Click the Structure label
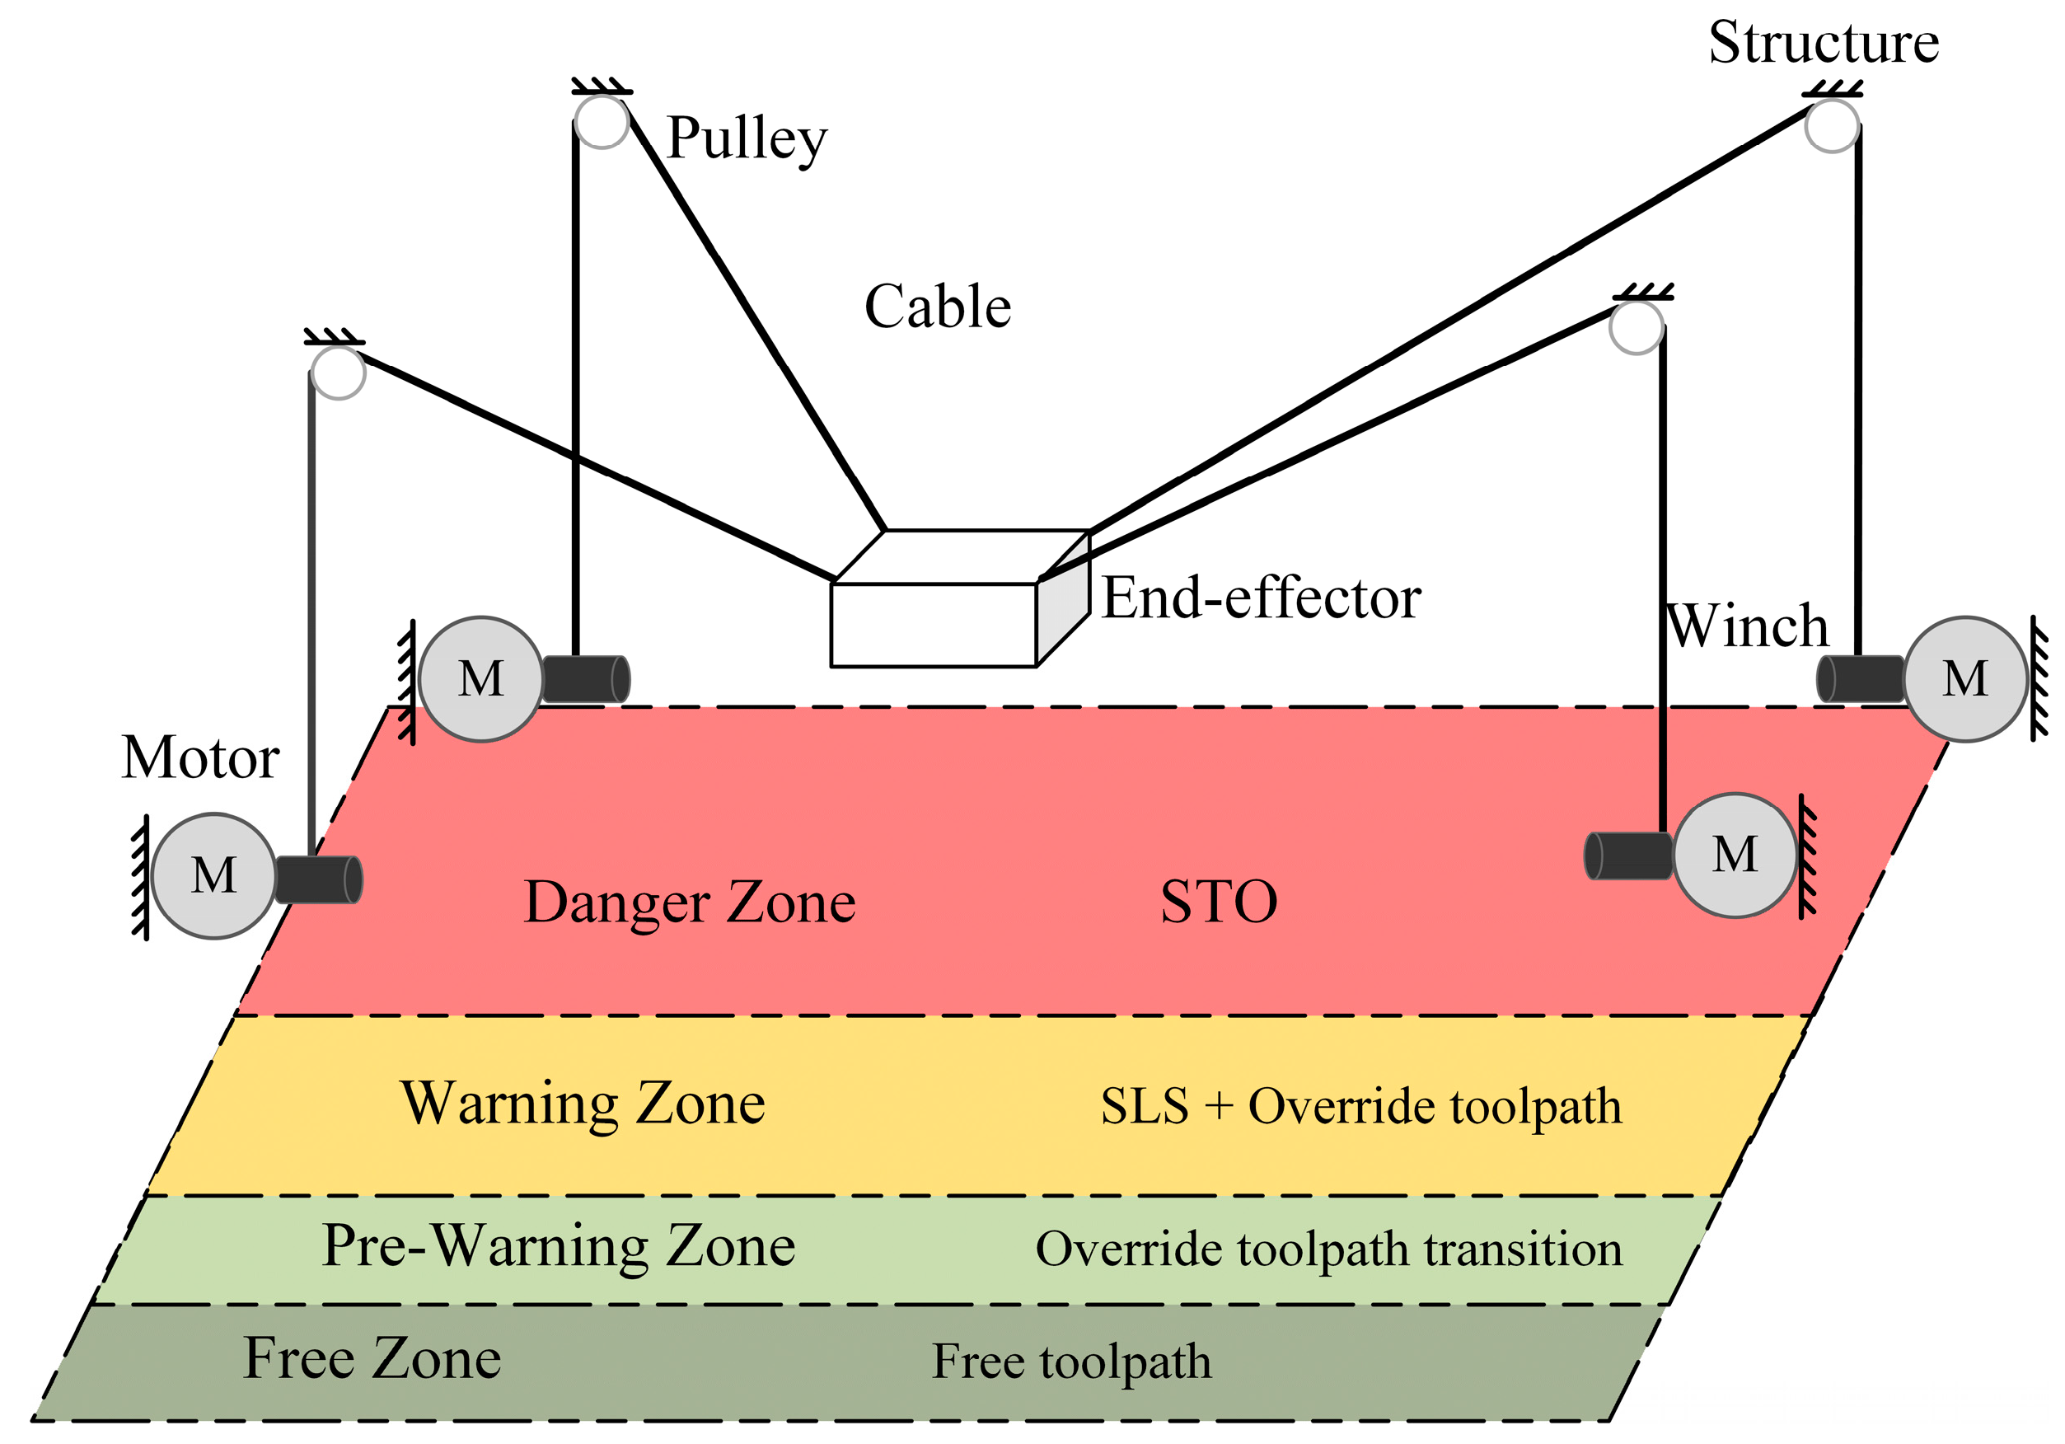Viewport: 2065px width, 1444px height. (1823, 43)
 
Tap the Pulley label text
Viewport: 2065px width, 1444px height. (747, 139)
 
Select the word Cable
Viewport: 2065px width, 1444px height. (937, 307)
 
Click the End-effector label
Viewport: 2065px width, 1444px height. (1261, 598)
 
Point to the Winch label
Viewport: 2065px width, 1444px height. (1748, 626)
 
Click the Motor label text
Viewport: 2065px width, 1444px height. (199, 757)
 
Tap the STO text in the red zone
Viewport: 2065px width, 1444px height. (1219, 902)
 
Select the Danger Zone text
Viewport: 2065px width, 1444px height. (689, 902)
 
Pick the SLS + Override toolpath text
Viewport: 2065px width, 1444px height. (1361, 1106)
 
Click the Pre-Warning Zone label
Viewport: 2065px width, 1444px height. (559, 1246)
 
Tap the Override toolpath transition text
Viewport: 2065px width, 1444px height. (1329, 1249)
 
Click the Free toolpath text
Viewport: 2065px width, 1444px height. (1071, 1362)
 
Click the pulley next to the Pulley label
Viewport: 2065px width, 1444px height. (601, 122)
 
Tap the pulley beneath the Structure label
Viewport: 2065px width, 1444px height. (1832, 126)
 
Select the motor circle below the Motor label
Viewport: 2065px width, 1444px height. (214, 875)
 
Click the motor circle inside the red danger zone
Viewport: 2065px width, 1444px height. (1735, 856)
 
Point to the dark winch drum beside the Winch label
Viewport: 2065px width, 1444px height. (1861, 679)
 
